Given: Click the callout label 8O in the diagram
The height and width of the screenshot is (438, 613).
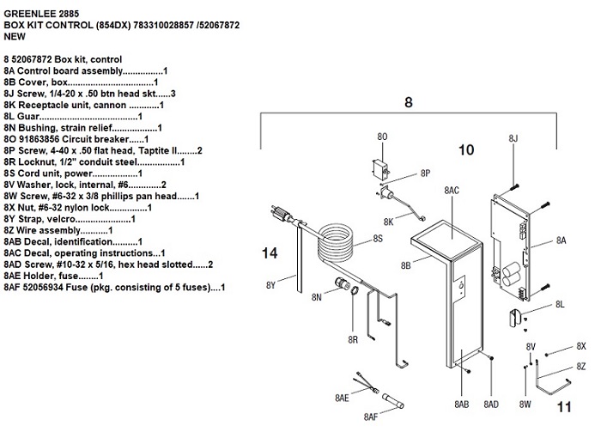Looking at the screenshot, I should tap(383, 136).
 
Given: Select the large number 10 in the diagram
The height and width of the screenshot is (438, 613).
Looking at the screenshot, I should tap(465, 149).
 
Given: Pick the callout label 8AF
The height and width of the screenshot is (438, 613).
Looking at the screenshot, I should tap(372, 417).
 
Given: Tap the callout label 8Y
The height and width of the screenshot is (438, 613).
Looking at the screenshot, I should tap(270, 284).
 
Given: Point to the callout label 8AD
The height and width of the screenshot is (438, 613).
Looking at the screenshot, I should tap(491, 404).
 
